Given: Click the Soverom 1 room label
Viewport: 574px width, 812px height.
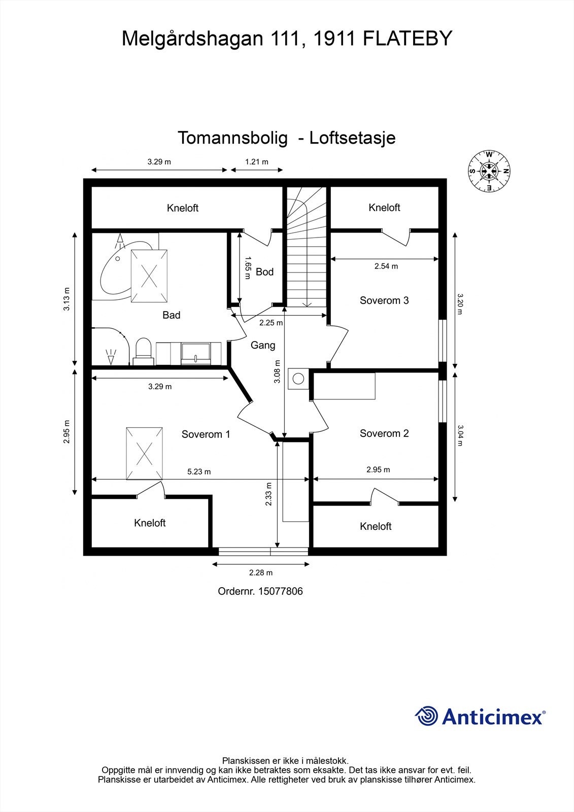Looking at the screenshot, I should pyautogui.click(x=206, y=434).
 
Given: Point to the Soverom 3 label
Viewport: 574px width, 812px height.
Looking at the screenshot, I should pyautogui.click(x=384, y=300).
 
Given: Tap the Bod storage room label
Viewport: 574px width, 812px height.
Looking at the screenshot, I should pyautogui.click(x=264, y=272).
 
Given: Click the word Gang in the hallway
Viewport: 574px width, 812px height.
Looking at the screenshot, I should pyautogui.click(x=263, y=345).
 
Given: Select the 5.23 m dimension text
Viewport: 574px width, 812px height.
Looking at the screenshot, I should pyautogui.click(x=199, y=471).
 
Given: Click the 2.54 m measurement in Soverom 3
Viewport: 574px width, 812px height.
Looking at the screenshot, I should pyautogui.click(x=386, y=266).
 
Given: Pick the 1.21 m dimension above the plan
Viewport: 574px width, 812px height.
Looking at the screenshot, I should pyautogui.click(x=257, y=162).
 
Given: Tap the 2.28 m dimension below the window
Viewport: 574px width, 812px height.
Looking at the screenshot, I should pyautogui.click(x=261, y=572).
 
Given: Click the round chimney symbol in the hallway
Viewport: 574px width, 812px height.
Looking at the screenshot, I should pyautogui.click(x=298, y=378).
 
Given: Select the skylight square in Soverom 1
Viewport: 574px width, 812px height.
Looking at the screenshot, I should pyautogui.click(x=145, y=453).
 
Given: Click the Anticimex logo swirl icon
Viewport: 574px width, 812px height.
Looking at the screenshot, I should pyautogui.click(x=427, y=716).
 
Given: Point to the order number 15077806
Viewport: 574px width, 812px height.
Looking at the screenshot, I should pyautogui.click(x=280, y=591).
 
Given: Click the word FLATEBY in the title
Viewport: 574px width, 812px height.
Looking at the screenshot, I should pyautogui.click(x=407, y=39).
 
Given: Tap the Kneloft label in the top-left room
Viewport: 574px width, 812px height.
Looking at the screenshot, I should pyautogui.click(x=183, y=208).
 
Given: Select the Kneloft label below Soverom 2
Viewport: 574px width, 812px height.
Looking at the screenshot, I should pyautogui.click(x=376, y=527).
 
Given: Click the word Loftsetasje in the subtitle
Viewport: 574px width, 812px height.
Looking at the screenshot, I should pyautogui.click(x=352, y=138).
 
